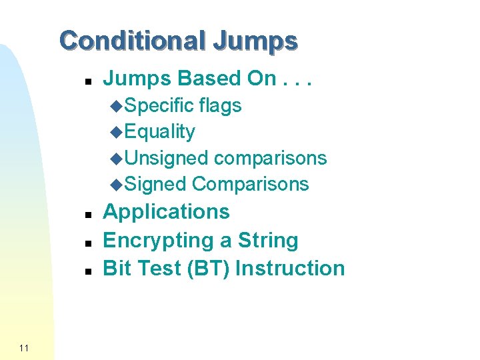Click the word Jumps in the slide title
tap(255, 41)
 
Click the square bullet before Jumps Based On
tap(87, 80)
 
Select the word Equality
tap(160, 132)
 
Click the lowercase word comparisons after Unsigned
tap(271, 158)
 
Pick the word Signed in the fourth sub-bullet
tap(155, 184)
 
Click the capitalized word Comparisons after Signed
tap(251, 184)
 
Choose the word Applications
tap(167, 212)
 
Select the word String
tap(267, 240)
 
